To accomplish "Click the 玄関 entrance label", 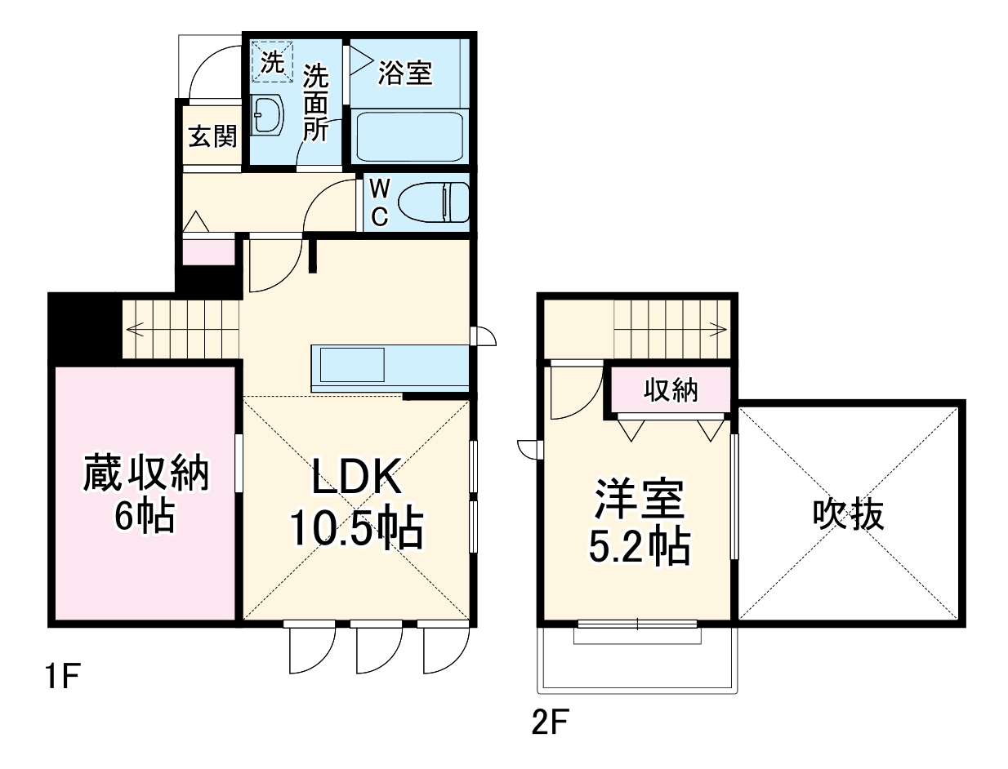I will coord(212,136).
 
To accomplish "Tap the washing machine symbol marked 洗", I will coord(272,61).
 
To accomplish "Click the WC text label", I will coord(379,202).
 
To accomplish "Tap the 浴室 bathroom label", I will coord(405,73).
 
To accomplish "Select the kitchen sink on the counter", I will coord(351,365).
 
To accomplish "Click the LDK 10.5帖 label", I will coord(355,506).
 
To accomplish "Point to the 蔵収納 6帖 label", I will coord(145,494).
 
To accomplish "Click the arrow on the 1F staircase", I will coord(136,331).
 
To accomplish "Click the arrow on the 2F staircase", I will coord(718,330).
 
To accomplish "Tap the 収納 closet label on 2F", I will coord(671,392).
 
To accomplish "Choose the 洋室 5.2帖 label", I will coord(639,522).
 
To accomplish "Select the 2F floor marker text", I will coord(549,722).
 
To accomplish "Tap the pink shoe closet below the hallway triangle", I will coord(207,251).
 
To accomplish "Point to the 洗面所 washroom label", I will coord(315,104).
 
